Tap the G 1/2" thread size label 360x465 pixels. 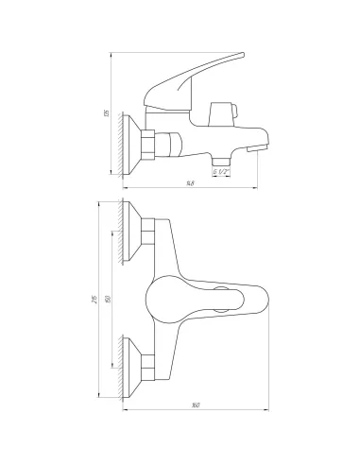pyautogui.click(x=222, y=172)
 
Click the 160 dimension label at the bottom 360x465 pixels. pyautogui.click(x=195, y=407)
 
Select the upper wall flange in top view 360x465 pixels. pyautogui.click(x=135, y=232)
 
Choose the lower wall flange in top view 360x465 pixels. pyautogui.click(x=135, y=362)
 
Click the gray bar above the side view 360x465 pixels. pyautogui.click(x=178, y=46)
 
